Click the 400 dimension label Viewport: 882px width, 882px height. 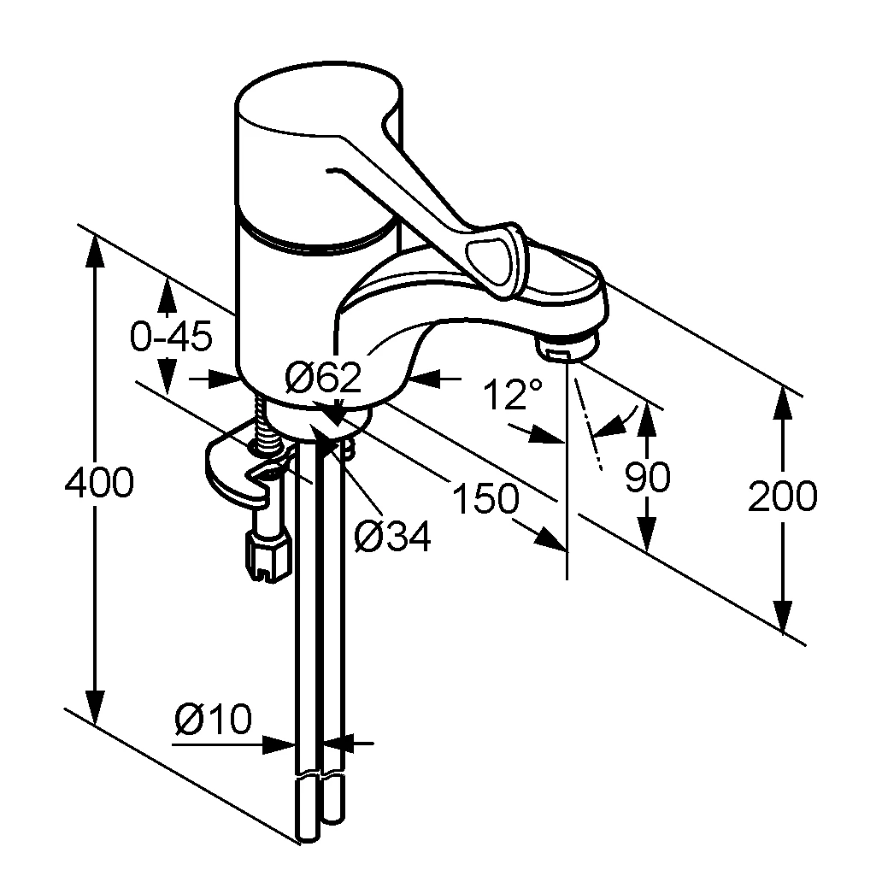tap(99, 483)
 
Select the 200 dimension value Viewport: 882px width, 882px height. tap(782, 496)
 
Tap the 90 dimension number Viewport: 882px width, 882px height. tap(648, 477)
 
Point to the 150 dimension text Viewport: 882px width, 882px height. tap(485, 498)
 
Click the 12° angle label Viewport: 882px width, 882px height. tap(513, 393)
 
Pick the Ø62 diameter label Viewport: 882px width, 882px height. tap(322, 377)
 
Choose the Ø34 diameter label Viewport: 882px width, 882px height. tap(392, 536)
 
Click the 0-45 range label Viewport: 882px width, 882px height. tap(172, 337)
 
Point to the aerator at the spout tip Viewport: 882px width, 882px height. tap(568, 346)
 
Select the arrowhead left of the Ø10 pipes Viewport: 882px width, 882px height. tap(279, 744)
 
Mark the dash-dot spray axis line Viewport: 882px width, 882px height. tap(587, 423)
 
